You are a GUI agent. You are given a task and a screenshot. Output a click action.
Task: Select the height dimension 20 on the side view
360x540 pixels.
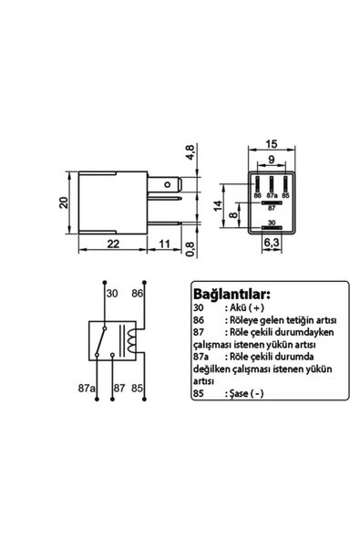point(65,202)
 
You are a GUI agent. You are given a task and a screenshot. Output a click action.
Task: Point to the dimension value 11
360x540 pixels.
point(165,244)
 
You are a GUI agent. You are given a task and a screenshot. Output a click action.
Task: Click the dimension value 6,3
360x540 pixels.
point(271,244)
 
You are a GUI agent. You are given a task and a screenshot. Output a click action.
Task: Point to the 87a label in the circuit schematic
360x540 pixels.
point(87,388)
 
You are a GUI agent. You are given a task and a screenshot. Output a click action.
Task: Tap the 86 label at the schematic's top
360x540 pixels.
point(137,296)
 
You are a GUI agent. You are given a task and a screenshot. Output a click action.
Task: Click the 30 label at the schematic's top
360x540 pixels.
point(113,296)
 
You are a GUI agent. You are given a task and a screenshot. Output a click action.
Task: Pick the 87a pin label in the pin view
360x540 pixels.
point(272,195)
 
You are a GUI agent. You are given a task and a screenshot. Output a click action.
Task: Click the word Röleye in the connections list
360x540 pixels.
point(243,322)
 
